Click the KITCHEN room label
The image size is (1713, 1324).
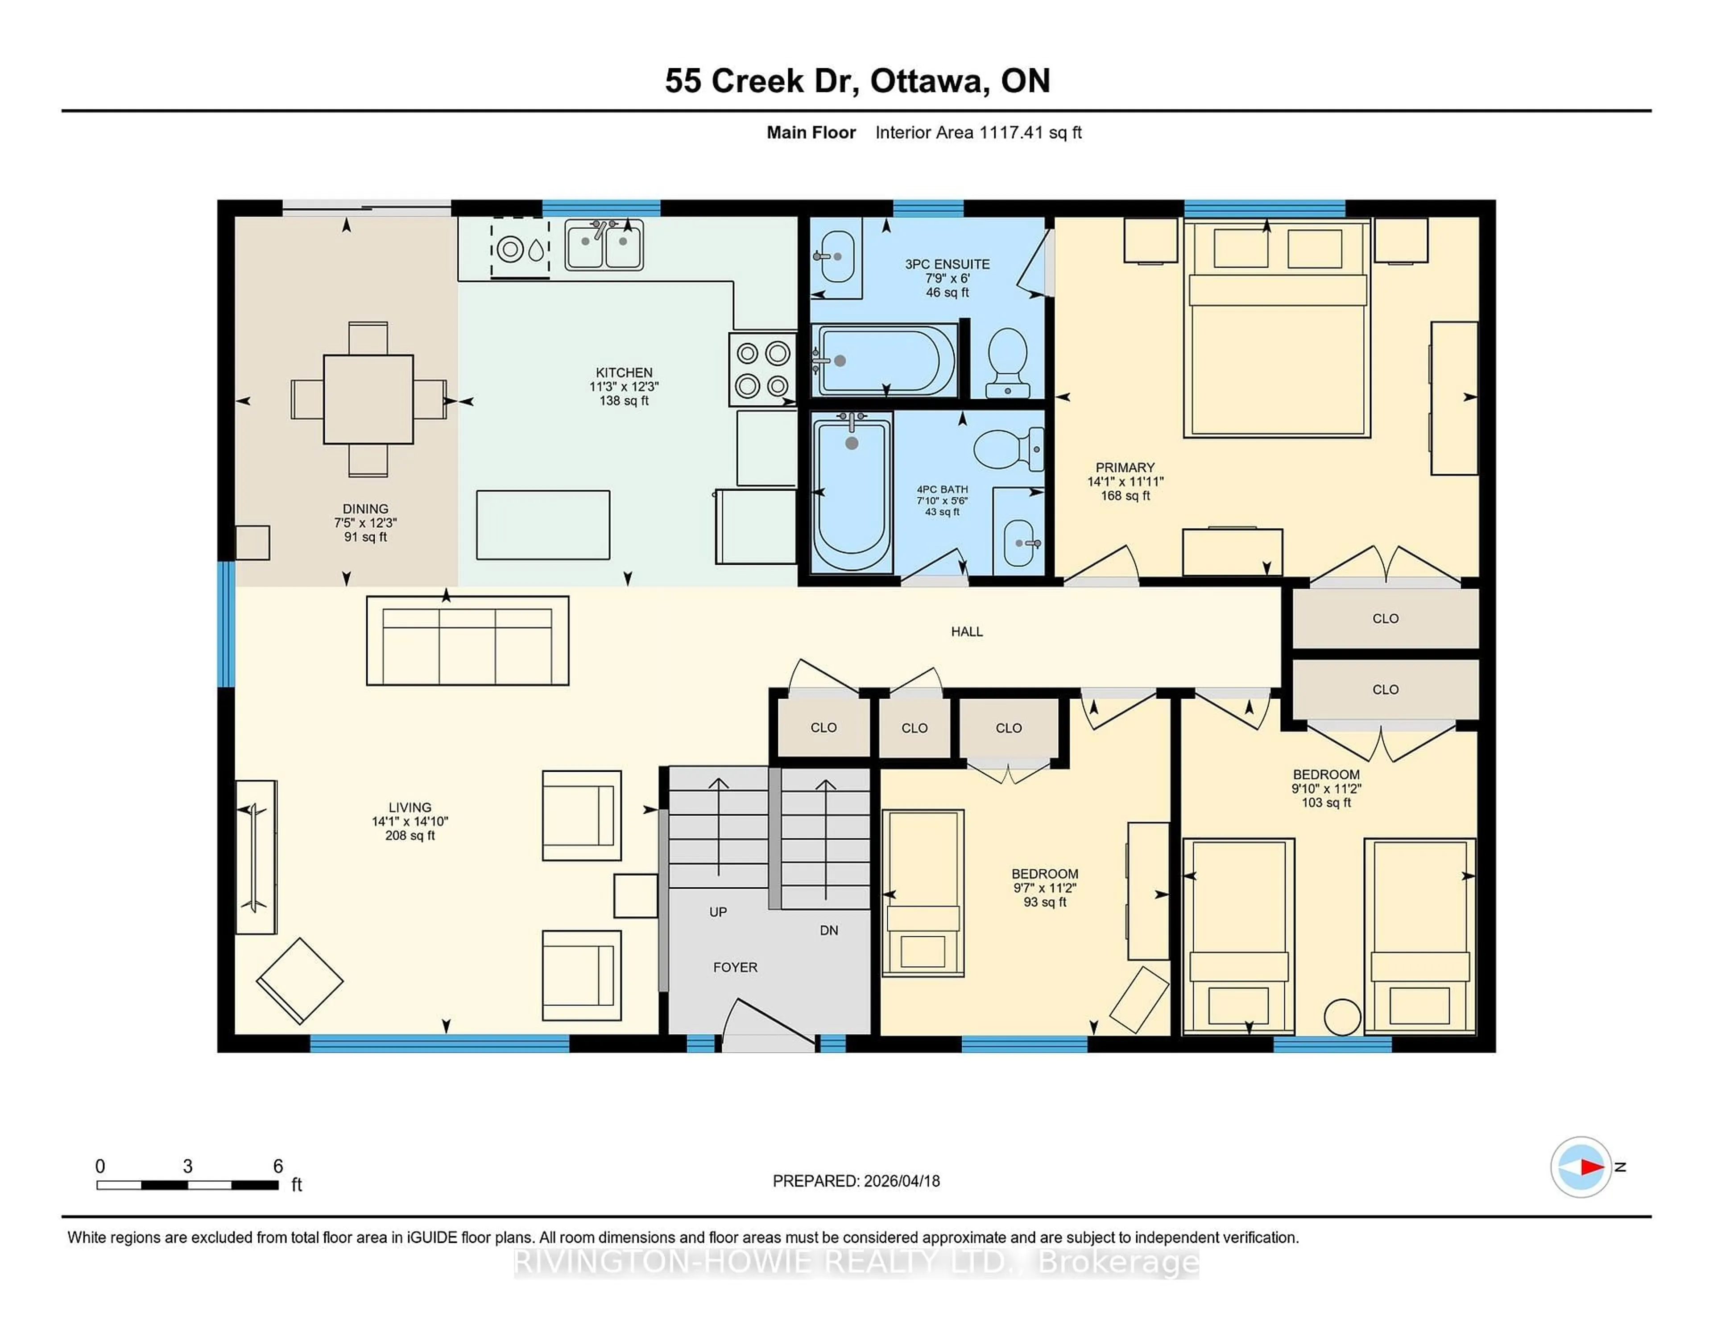click(624, 372)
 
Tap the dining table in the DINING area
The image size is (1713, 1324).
click(368, 399)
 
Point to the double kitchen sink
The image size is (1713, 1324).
click(604, 245)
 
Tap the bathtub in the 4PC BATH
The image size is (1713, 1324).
click(852, 492)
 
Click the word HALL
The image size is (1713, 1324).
click(966, 631)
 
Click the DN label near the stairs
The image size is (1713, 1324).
click(829, 930)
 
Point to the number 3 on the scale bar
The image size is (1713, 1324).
click(187, 1167)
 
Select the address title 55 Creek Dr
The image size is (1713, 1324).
click(758, 81)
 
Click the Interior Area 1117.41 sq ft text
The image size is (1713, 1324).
click(978, 132)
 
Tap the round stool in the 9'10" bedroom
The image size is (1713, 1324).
click(1342, 1018)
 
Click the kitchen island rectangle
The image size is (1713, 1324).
click(543, 525)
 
